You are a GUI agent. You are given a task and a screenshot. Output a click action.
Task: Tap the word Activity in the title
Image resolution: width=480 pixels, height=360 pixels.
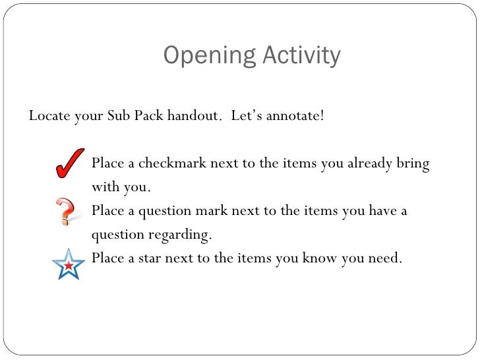[300, 55]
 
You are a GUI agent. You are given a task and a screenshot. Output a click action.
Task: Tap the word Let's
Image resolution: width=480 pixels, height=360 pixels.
[249, 117]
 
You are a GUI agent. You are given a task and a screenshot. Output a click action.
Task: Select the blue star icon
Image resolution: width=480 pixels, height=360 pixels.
[69, 263]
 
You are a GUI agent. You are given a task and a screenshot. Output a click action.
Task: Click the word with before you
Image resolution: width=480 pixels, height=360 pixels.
[105, 187]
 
